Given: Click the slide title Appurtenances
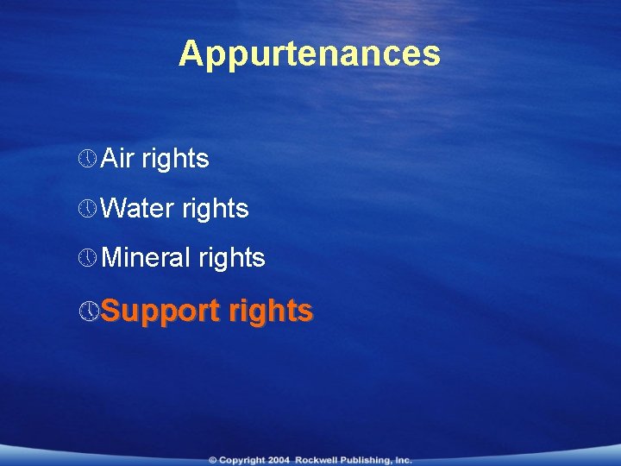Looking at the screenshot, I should (310, 54).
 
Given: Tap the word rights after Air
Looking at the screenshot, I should (175, 159).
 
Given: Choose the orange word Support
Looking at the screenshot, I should (158, 310).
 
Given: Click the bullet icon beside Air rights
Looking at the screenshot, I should (87, 159).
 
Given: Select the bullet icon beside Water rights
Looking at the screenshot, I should (87, 208).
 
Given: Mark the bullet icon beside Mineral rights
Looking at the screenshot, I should (87, 257).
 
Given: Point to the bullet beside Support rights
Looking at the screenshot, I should (87, 310).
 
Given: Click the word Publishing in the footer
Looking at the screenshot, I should (366, 460).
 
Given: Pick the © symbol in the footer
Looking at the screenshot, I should (212, 460).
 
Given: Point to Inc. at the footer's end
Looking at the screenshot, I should (402, 460).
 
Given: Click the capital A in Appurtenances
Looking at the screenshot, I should (189, 54).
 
